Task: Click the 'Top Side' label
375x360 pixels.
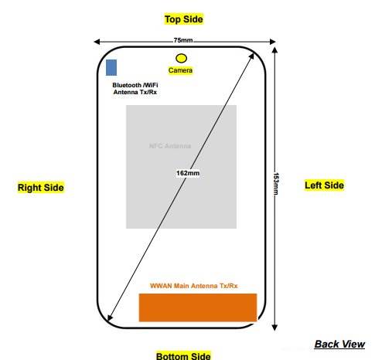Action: click(x=184, y=19)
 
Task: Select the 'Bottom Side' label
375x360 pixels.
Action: click(x=182, y=356)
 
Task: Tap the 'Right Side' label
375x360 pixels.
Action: click(x=40, y=188)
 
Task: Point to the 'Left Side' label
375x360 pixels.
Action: click(x=324, y=185)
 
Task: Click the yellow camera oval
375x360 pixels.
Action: click(x=182, y=58)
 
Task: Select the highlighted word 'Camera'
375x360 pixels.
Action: click(x=181, y=70)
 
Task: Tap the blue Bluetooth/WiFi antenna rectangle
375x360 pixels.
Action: click(x=112, y=67)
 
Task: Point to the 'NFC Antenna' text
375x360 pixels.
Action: click(x=169, y=145)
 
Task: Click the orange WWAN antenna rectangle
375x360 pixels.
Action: click(x=197, y=307)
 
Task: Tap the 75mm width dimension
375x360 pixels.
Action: click(x=183, y=40)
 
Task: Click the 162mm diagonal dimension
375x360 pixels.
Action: click(x=188, y=173)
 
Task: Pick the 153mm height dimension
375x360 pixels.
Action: click(x=278, y=184)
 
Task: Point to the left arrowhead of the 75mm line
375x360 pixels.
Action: click(x=95, y=41)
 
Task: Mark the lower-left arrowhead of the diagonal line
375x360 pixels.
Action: click(x=111, y=320)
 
